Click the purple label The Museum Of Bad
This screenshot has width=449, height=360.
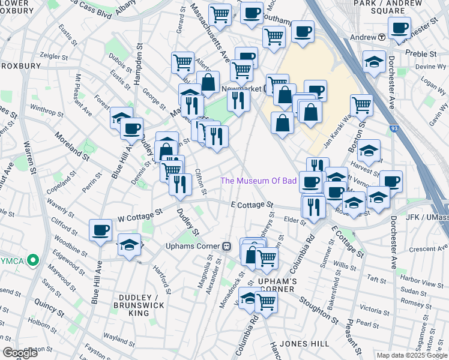coord(259,181)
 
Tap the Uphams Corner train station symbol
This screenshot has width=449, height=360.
coord(227,245)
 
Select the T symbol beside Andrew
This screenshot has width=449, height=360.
coord(381,37)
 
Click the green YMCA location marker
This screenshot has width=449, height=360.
coord(34,261)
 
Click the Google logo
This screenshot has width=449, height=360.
coord(20,353)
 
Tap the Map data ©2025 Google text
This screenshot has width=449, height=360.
coord(411,355)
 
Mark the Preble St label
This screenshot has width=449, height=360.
coord(424,53)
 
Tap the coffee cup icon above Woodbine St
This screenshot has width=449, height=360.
coord(101,229)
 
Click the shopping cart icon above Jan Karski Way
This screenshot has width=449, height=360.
coord(361,104)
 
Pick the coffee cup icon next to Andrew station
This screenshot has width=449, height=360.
coord(399,26)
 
